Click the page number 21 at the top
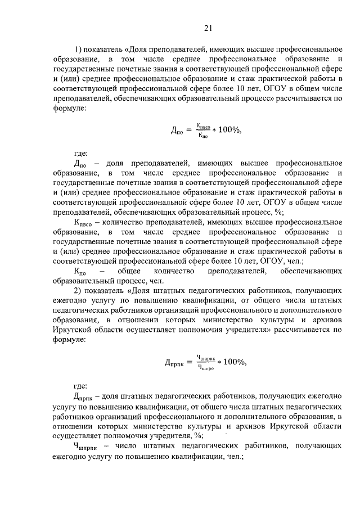coord(208,28)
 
